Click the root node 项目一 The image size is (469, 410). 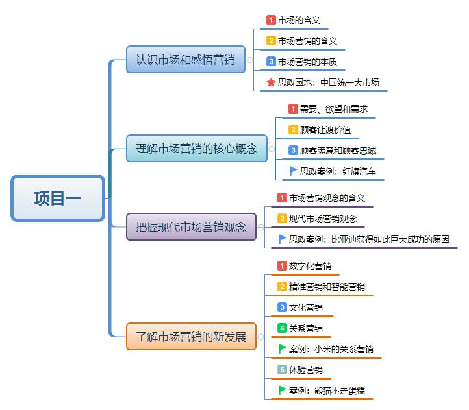click(x=58, y=199)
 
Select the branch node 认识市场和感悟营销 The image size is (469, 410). click(x=186, y=60)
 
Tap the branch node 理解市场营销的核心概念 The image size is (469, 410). click(x=196, y=148)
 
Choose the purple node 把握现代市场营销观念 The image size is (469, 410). click(x=191, y=227)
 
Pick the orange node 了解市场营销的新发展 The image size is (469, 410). click(x=191, y=337)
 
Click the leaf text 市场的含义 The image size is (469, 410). click(x=299, y=20)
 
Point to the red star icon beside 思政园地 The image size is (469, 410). click(x=271, y=82)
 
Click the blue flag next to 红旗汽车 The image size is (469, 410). click(x=293, y=171)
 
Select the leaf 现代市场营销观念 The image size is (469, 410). click(x=322, y=219)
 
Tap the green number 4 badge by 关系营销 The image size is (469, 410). click(x=282, y=328)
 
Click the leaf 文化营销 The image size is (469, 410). click(x=305, y=307)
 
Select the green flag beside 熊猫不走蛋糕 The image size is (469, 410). click(x=282, y=390)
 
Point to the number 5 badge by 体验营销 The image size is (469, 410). click(x=282, y=370)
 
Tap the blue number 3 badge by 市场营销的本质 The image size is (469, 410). click(x=271, y=62)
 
